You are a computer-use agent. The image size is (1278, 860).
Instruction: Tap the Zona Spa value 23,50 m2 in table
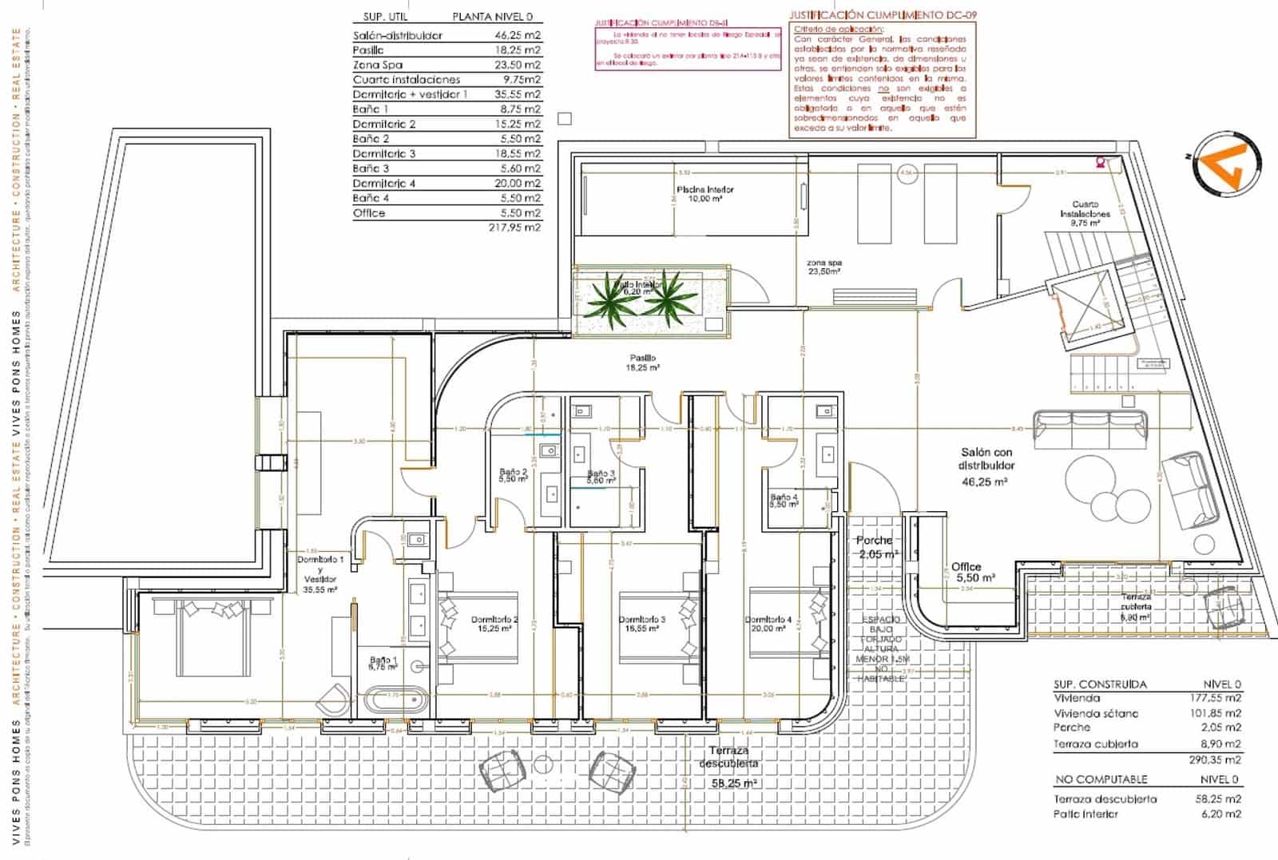click(x=517, y=65)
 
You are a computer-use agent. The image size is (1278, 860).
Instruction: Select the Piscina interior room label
click(x=704, y=194)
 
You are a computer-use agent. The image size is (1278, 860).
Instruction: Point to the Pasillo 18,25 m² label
click(x=642, y=363)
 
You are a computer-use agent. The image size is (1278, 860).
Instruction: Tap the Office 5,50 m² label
click(x=972, y=572)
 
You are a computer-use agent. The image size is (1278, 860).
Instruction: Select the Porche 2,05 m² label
click(x=877, y=547)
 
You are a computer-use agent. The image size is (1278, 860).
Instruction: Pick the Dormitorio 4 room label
click(x=768, y=624)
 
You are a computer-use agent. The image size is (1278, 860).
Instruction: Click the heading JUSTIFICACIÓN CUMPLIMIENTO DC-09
click(x=882, y=15)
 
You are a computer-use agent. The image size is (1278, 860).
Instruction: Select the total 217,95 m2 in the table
click(x=514, y=228)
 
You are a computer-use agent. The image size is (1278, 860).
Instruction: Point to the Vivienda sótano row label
click(x=1095, y=713)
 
